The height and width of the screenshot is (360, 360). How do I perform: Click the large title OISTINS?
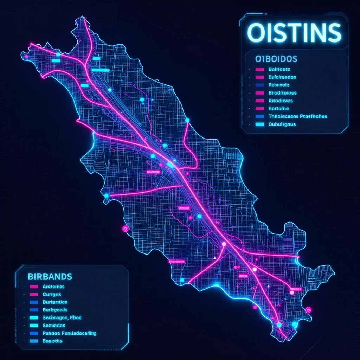[294, 33]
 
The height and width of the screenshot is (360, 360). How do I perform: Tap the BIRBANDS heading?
[50, 276]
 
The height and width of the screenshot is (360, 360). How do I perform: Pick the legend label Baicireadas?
[282, 77]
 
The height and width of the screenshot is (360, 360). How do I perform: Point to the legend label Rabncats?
[279, 85]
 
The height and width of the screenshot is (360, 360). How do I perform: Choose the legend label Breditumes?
[282, 93]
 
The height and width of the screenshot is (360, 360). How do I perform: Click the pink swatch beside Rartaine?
[260, 109]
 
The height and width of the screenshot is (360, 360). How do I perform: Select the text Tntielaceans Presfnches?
[297, 116]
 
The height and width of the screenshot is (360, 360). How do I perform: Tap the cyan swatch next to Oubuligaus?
[260, 124]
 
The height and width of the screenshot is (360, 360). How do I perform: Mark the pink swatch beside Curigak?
[34, 294]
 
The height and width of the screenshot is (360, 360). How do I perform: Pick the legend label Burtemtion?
[55, 302]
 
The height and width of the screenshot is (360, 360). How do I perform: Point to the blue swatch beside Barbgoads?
[34, 310]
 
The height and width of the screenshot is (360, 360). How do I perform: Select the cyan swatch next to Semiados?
[34, 325]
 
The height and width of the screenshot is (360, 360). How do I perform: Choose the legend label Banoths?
[52, 341]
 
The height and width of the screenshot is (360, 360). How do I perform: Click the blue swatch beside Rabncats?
[260, 85]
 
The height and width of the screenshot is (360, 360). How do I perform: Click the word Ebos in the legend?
[76, 317]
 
